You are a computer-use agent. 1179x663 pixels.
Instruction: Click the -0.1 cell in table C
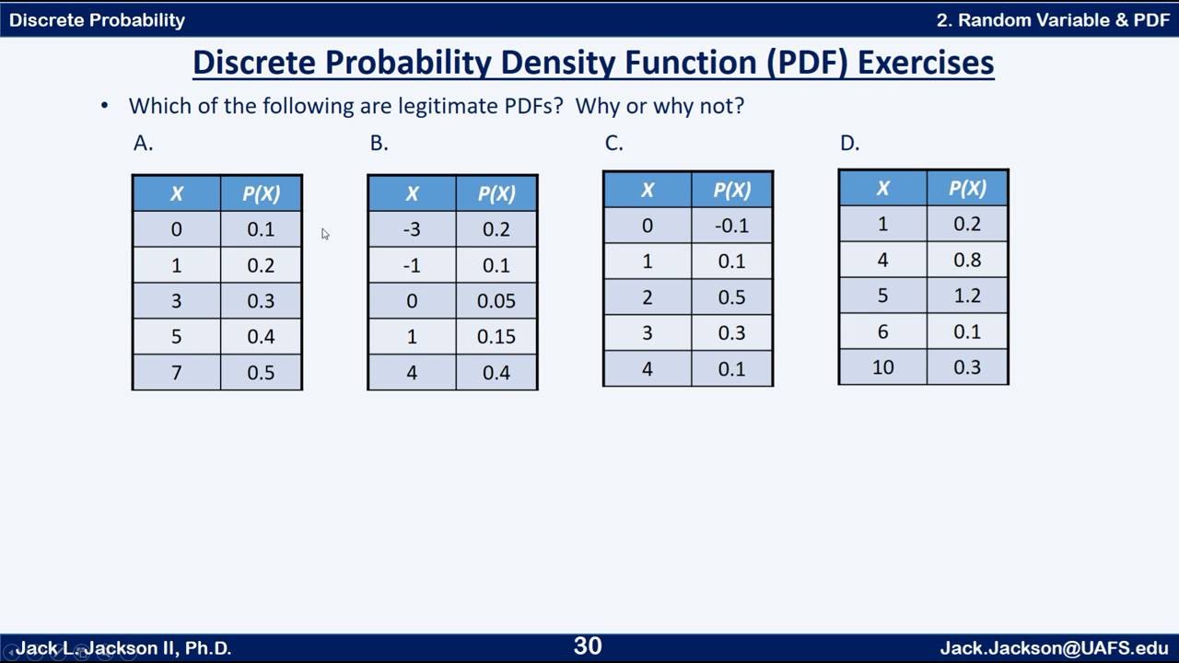(731, 226)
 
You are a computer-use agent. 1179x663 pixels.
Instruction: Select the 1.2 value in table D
(967, 296)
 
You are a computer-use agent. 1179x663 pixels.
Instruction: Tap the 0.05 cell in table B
(496, 301)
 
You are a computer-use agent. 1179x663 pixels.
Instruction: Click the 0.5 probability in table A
(261, 373)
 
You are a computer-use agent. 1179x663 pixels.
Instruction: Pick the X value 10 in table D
(882, 367)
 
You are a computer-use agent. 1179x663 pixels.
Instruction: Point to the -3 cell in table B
(412, 229)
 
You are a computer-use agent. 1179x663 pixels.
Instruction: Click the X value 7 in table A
(176, 373)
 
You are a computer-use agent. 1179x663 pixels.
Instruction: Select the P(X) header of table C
(731, 190)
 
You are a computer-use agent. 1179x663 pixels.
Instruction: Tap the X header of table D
(882, 188)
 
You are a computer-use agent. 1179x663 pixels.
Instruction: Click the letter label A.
(143, 143)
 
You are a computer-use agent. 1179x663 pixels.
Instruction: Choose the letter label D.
(849, 143)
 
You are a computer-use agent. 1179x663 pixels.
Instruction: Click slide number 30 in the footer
(588, 646)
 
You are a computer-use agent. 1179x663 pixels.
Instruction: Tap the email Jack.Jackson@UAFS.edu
(1054, 648)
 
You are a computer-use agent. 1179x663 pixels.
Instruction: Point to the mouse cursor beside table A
(325, 234)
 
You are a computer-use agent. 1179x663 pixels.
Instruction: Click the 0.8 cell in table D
(967, 260)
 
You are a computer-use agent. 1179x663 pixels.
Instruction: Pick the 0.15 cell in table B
(496, 337)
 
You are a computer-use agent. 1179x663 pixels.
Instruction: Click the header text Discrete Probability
(97, 19)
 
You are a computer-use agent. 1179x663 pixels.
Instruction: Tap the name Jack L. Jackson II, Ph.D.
(123, 648)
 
